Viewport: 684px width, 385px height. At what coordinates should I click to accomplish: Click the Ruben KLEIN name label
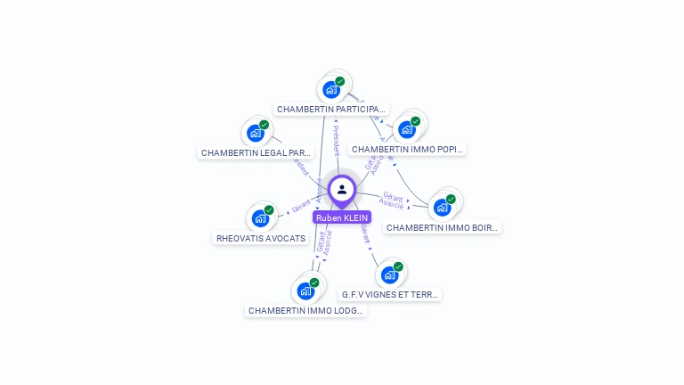tap(342, 217)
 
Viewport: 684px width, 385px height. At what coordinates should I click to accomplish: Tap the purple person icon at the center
tap(342, 190)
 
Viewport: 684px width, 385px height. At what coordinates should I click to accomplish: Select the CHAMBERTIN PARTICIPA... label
tap(332, 110)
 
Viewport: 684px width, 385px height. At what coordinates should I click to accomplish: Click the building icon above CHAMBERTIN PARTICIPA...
tap(331, 89)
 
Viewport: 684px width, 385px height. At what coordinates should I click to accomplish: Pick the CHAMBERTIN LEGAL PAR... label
tap(256, 153)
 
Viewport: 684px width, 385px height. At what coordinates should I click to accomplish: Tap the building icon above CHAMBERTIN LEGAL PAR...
tap(256, 134)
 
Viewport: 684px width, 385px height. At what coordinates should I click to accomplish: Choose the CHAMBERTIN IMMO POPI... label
tap(408, 150)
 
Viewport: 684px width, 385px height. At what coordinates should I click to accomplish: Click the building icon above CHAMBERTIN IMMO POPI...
tap(407, 129)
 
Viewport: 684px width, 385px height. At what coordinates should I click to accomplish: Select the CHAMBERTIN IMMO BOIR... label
tap(443, 228)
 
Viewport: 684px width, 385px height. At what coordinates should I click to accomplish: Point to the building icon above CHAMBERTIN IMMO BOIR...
tap(442, 208)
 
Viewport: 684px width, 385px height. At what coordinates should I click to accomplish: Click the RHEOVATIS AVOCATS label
tap(261, 239)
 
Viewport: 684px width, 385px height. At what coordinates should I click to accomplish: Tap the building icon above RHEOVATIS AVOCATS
tap(260, 218)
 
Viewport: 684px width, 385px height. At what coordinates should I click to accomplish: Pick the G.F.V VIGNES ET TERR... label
tap(390, 294)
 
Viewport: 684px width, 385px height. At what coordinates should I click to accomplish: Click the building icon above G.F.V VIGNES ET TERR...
tap(389, 274)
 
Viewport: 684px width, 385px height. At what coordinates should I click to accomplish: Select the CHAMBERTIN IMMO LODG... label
tap(306, 311)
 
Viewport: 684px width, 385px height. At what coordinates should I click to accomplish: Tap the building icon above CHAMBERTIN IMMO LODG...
tap(305, 291)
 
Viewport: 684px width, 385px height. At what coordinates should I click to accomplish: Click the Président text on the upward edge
tap(337, 141)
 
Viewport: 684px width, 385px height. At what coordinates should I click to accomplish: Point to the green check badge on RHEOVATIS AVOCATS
tap(269, 210)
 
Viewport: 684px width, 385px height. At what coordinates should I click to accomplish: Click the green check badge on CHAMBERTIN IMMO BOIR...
tap(451, 200)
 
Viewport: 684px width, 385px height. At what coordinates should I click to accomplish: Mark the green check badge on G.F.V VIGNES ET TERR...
tap(398, 266)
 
